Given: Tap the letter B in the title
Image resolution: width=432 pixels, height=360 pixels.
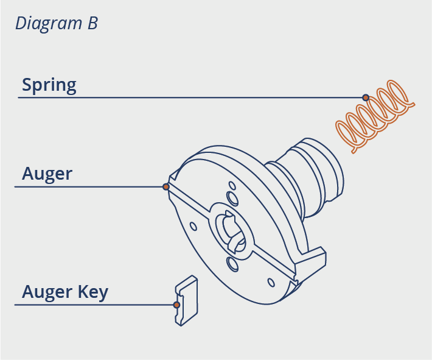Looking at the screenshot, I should tap(91, 24).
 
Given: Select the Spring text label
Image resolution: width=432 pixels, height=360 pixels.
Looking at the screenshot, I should tap(49, 85).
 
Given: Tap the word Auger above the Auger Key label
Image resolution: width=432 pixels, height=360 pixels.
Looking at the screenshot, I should tap(47, 174).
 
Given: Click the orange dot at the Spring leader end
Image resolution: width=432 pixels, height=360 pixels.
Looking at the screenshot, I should tap(366, 97).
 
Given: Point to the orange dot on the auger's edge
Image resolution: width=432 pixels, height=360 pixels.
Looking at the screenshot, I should tap(165, 186).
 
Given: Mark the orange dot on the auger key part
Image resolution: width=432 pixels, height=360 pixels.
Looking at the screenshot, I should tap(176, 304).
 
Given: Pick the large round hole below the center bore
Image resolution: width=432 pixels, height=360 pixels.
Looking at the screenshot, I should tap(231, 264).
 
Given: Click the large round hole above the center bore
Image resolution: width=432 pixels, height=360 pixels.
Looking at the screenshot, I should tap(232, 198).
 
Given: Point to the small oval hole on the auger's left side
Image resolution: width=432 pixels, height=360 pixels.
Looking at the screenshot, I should tap(193, 226).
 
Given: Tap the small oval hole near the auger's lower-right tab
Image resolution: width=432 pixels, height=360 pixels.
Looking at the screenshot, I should tap(271, 282).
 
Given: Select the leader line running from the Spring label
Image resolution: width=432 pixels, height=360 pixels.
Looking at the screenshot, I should tap(183, 97).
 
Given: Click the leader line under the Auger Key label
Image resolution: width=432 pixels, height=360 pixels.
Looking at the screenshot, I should tap(91, 305).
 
